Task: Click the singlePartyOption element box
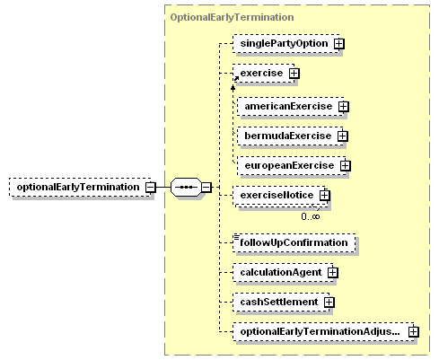tap(286, 44)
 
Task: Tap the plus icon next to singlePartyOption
tap(338, 44)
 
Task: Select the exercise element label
tap(261, 73)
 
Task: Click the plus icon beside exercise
tap(294, 74)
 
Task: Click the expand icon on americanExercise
tap(344, 106)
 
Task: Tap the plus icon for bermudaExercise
tap(343, 136)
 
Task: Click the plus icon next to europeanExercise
tap(345, 165)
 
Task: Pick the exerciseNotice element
tap(280, 196)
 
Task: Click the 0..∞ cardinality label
tap(311, 216)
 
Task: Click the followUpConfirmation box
tap(294, 242)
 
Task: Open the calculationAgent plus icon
tap(332, 272)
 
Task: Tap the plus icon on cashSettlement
tap(329, 302)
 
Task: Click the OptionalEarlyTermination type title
tap(232, 17)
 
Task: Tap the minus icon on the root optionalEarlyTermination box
tap(151, 188)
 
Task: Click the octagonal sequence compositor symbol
tap(186, 188)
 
